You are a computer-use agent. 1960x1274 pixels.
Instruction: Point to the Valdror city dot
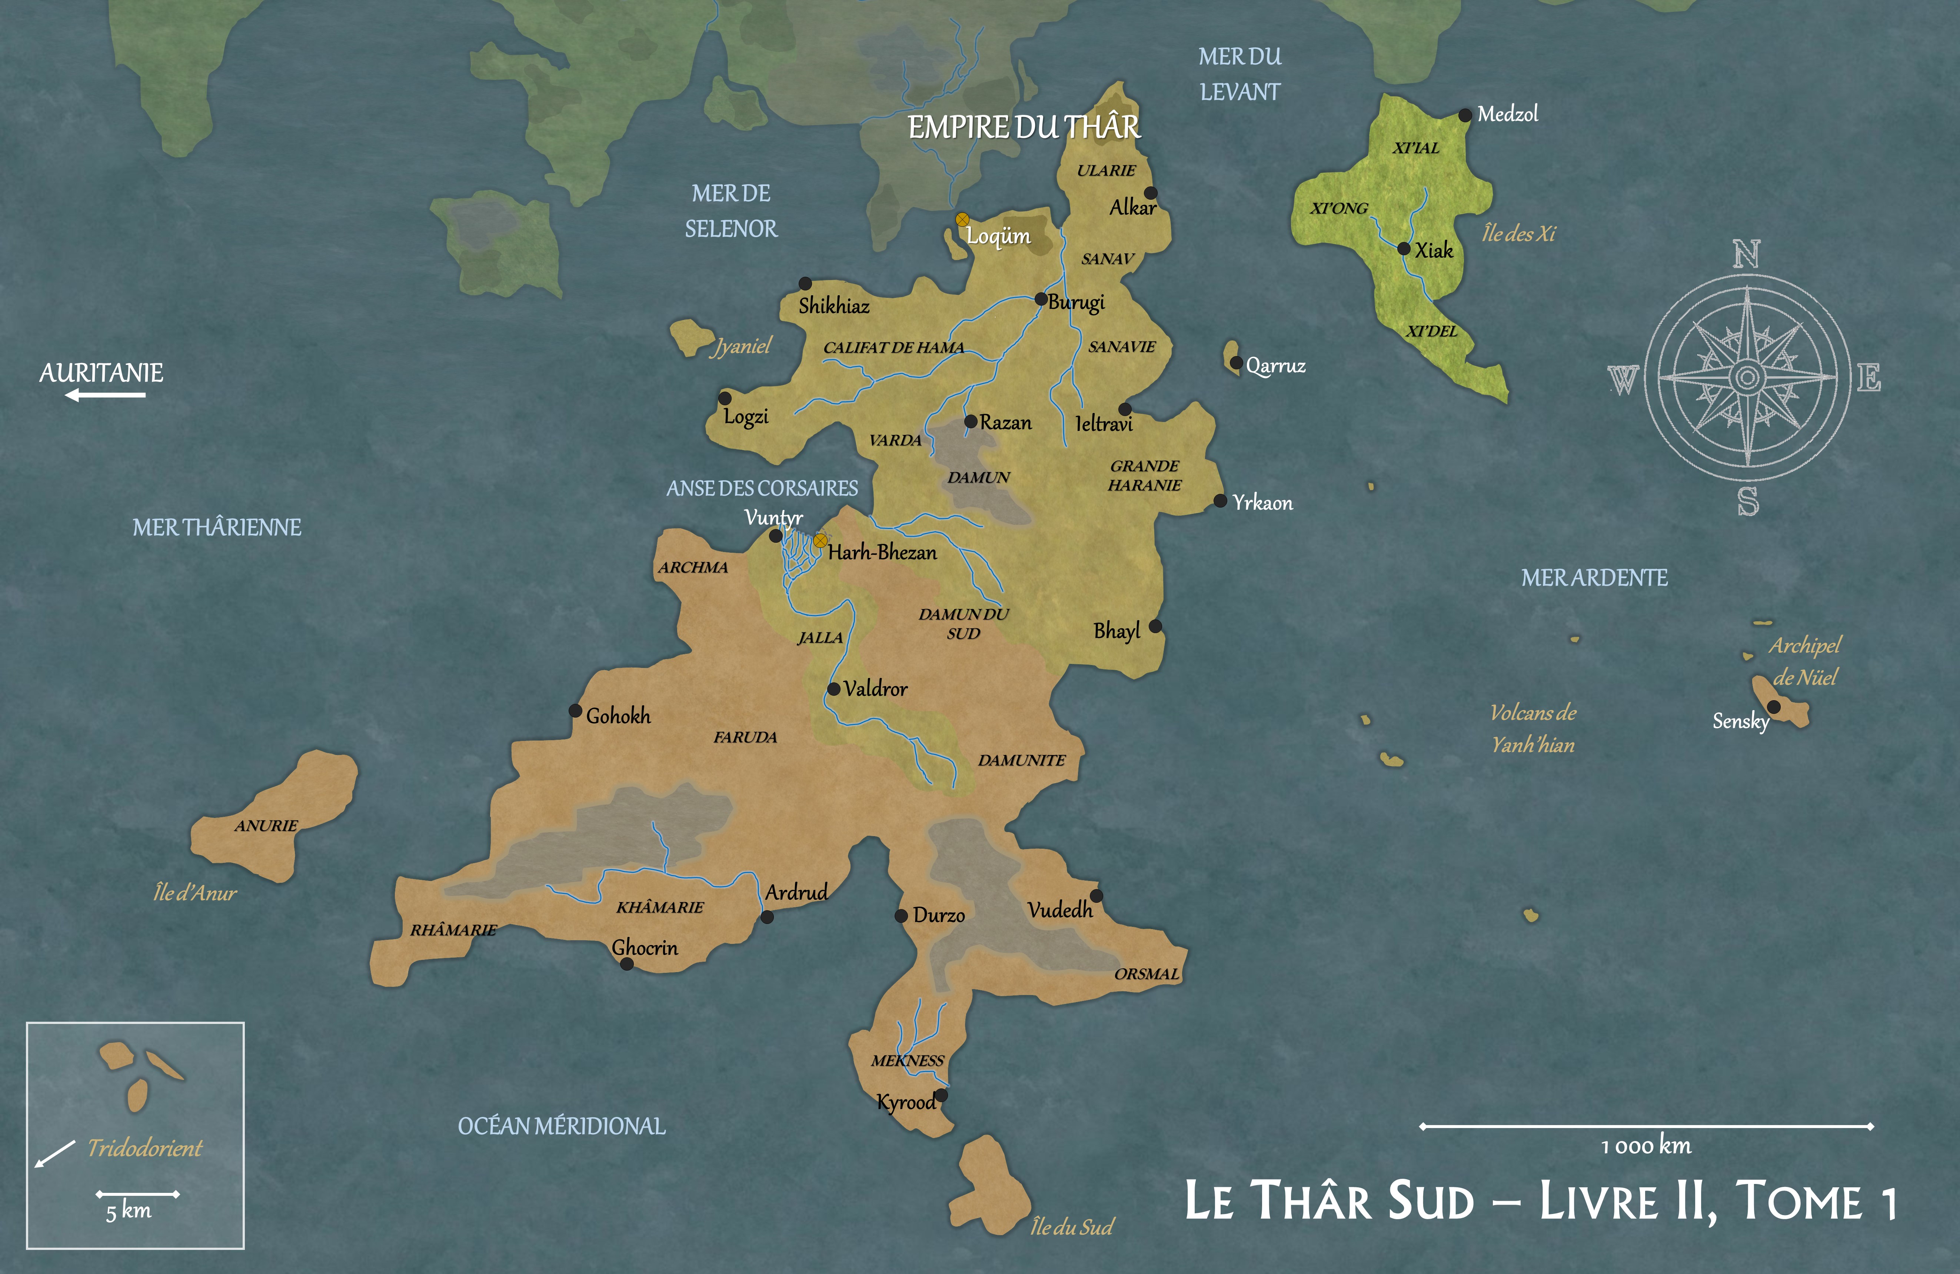tap(833, 688)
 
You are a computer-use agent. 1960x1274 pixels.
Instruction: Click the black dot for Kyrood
tap(941, 1095)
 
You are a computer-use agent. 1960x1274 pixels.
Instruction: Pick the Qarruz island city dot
tap(1236, 362)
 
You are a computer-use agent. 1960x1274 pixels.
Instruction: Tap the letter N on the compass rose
tap(1747, 255)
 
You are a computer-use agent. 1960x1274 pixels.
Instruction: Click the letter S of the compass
tap(1747, 502)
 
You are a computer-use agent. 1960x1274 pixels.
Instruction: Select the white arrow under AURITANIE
tap(106, 395)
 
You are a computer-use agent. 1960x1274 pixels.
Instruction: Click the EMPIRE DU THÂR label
tap(1024, 128)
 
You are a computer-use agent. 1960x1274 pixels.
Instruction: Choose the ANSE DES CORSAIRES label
tap(762, 488)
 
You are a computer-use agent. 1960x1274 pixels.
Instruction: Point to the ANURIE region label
tap(266, 825)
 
